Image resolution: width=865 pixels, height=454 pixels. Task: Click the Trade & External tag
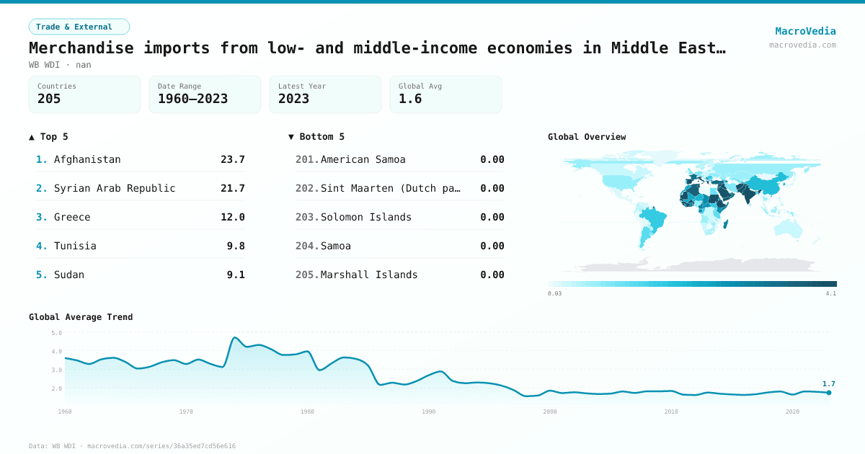(x=79, y=27)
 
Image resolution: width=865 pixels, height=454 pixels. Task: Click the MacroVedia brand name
(x=805, y=31)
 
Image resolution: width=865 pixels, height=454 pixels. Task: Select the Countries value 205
(x=49, y=99)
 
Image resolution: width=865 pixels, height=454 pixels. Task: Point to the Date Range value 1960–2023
(x=192, y=99)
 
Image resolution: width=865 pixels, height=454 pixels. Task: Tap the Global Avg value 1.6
(x=410, y=99)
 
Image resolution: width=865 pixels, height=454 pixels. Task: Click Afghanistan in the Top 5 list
(x=87, y=159)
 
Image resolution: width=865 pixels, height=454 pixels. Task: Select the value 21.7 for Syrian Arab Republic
(x=233, y=188)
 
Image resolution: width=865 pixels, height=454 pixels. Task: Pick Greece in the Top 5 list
(x=72, y=217)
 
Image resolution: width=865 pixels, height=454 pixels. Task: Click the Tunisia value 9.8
(x=236, y=246)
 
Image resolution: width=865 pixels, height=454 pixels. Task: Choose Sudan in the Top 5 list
(x=69, y=275)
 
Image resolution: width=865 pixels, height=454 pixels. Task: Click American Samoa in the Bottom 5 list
(x=363, y=159)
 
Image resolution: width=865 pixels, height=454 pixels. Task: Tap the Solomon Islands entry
(x=366, y=217)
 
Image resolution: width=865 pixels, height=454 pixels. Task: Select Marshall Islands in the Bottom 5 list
(x=369, y=275)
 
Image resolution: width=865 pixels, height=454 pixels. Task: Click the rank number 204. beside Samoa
(x=307, y=246)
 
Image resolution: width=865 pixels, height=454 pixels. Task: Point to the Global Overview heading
(x=587, y=137)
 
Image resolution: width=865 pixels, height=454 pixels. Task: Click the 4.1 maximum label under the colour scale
(x=830, y=294)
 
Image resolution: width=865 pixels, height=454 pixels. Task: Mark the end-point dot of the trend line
(x=829, y=393)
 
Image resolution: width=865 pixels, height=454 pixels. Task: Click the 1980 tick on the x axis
(x=308, y=411)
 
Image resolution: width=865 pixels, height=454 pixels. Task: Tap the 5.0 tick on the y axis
(x=57, y=333)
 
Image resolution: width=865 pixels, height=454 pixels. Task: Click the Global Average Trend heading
(x=81, y=317)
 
